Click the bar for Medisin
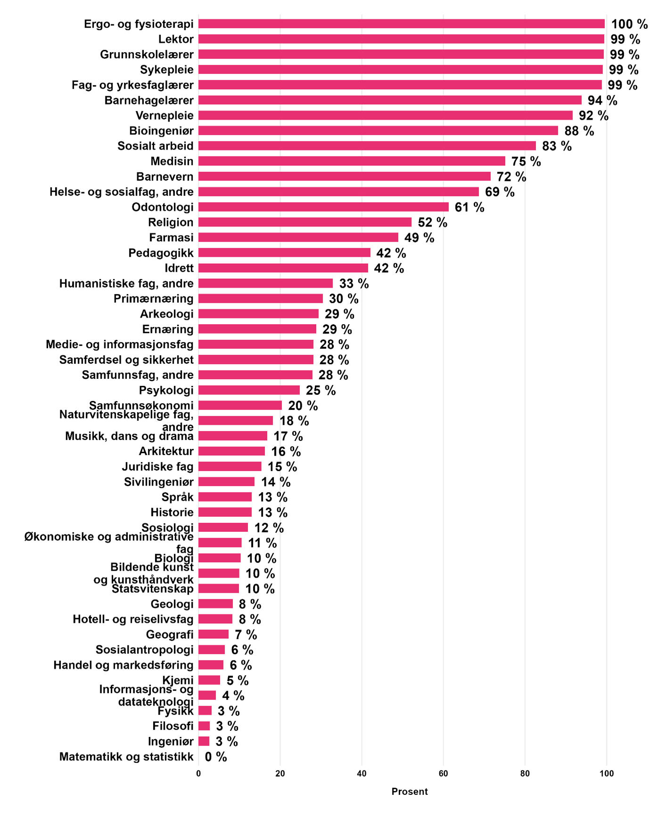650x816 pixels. (x=351, y=161)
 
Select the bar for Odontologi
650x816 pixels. (x=323, y=207)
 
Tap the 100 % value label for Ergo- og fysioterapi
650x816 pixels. (x=629, y=24)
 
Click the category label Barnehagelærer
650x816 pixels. (x=149, y=100)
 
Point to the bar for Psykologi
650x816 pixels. (x=249, y=390)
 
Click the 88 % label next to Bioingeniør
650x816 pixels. (x=579, y=131)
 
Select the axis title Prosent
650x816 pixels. (x=409, y=792)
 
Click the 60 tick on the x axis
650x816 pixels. (x=443, y=773)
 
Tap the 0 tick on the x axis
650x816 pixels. (x=198, y=773)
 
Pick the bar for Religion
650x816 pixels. (x=304, y=222)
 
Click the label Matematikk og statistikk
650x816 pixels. (x=126, y=757)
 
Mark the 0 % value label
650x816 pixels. (x=216, y=757)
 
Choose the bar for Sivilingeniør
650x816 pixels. (x=226, y=481)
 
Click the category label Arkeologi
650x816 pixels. (x=167, y=314)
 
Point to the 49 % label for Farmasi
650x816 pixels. (x=419, y=237)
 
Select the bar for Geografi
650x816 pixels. (x=213, y=634)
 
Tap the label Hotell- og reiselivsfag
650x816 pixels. (x=133, y=619)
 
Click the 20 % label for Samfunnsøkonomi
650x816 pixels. (x=303, y=406)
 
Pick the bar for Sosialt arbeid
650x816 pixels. (x=367, y=146)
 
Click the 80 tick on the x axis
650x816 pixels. (x=525, y=773)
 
